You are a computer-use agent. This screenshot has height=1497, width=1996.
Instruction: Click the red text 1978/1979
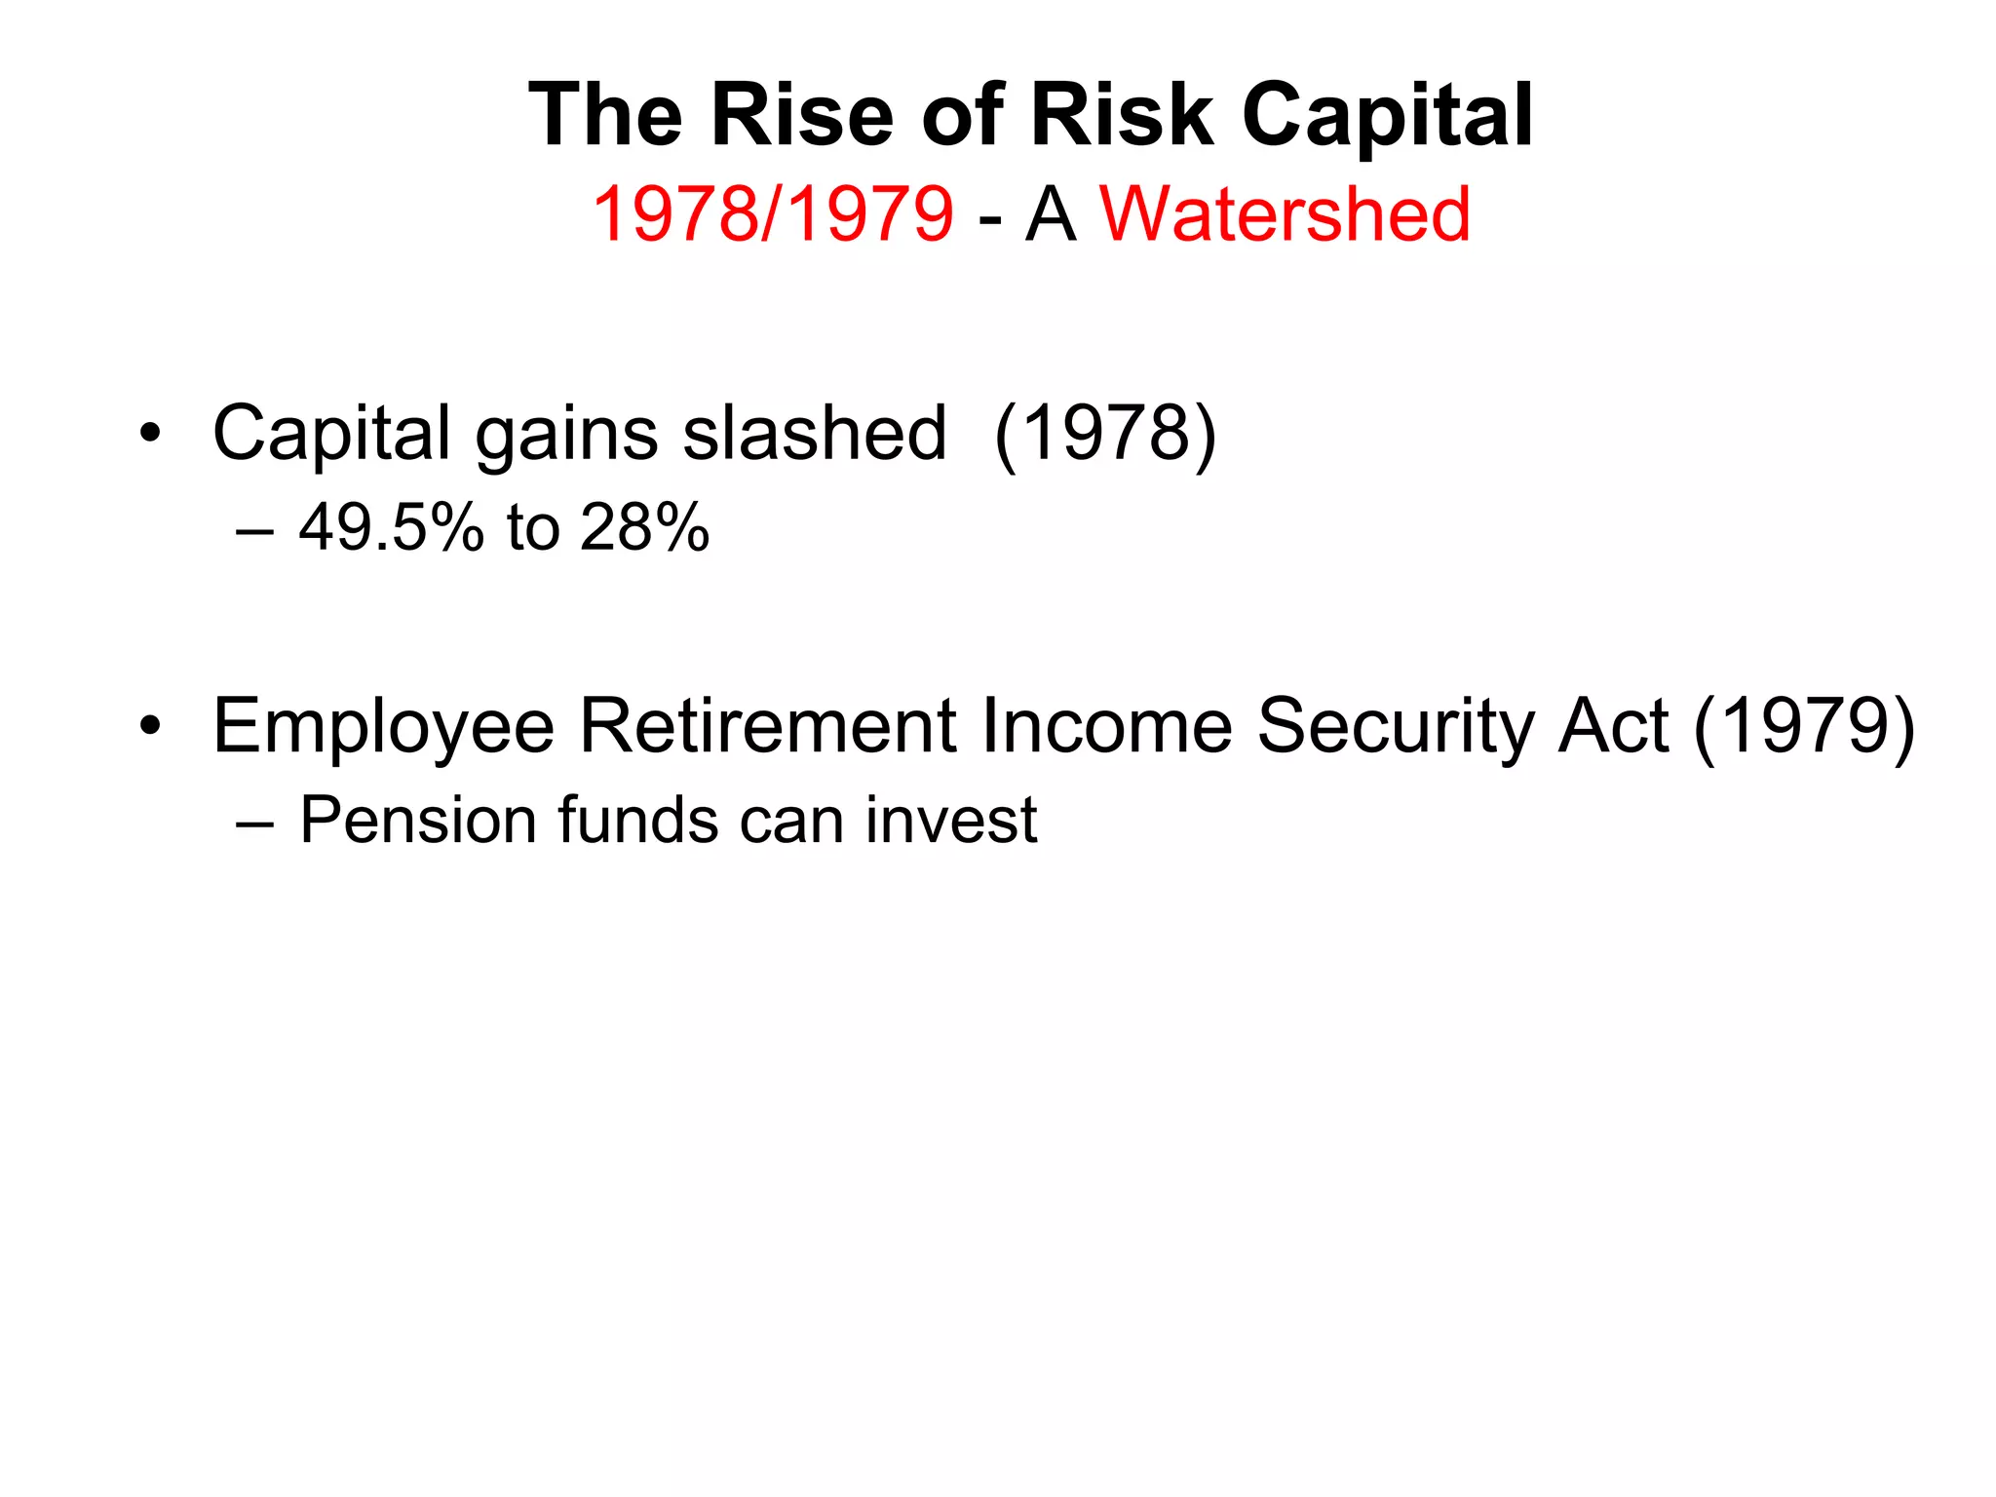coord(772,214)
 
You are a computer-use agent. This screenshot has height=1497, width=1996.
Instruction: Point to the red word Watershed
coord(1285,214)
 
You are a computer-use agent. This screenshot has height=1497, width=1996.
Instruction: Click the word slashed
coord(814,433)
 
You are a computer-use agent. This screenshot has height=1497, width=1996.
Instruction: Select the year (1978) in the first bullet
coord(1105,433)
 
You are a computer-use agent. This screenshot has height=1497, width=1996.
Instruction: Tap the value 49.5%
coord(391,528)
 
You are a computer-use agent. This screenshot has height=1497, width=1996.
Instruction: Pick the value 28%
coord(644,528)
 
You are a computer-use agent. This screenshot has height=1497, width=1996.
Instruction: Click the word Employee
coord(383,727)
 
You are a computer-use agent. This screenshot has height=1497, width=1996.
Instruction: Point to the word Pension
coord(417,820)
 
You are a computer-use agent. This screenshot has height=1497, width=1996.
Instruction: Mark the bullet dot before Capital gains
coord(149,433)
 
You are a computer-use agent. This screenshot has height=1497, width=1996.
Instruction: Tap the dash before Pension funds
coord(254,822)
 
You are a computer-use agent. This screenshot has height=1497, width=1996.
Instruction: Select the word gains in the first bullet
coord(565,435)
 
